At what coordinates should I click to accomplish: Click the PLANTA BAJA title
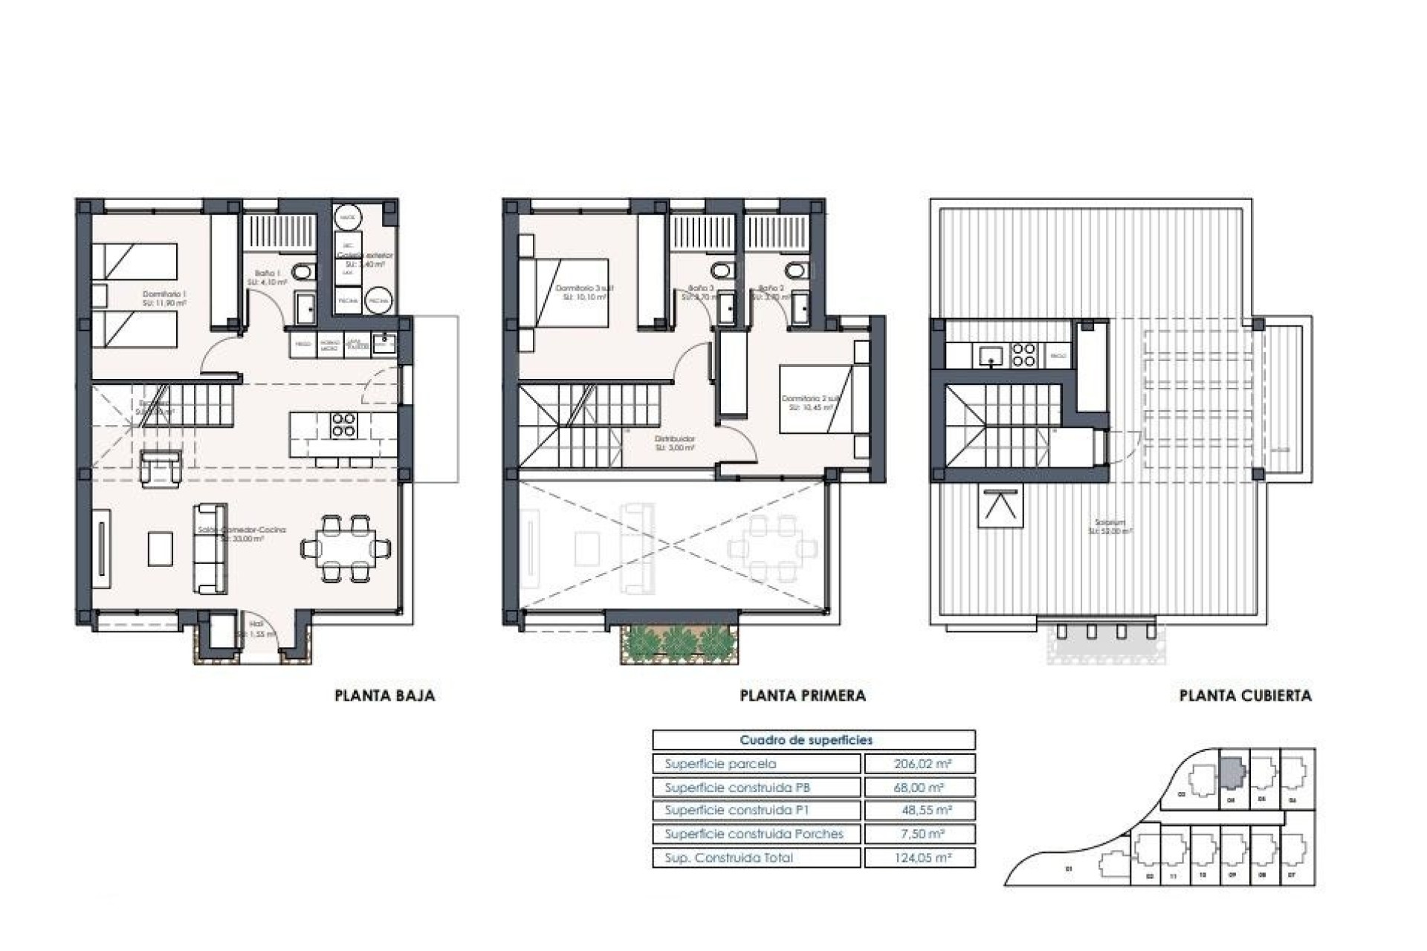coord(384,696)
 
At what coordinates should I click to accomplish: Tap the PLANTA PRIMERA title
coord(803,696)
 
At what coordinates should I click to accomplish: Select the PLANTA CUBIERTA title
coord(1245,696)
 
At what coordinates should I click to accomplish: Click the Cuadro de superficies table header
coord(806,740)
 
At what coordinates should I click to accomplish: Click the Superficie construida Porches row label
coord(754,834)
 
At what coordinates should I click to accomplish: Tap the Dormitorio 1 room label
coord(164,299)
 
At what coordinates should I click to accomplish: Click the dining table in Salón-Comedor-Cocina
coord(346,548)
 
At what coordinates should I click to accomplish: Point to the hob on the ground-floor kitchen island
coord(343,425)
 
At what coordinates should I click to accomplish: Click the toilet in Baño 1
coord(302,273)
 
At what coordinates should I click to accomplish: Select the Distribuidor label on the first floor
coord(675,444)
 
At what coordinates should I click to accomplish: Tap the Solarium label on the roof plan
coord(1110,526)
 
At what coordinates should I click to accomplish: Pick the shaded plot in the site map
coord(1232,772)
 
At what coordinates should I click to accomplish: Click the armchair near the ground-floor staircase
coord(161,467)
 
